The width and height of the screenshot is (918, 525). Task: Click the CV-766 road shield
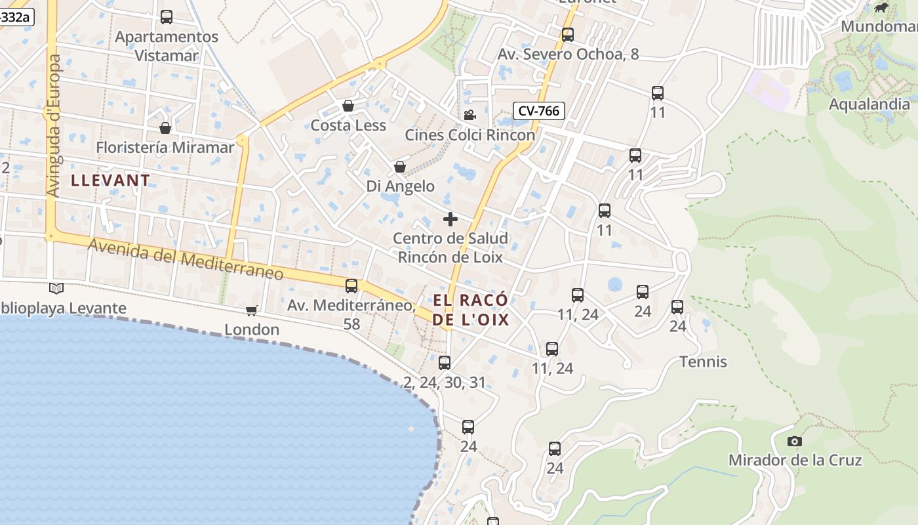point(538,111)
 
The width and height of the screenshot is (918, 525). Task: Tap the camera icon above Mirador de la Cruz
point(795,441)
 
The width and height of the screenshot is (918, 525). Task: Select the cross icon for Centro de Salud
point(450,219)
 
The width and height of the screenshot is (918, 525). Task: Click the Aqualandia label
point(869,104)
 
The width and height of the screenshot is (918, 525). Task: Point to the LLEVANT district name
point(111,180)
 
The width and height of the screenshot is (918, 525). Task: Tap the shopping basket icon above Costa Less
point(348,106)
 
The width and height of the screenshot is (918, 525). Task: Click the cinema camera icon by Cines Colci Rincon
point(469,115)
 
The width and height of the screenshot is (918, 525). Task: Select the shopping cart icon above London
point(251,310)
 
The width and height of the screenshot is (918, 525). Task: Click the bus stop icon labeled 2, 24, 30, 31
point(445,362)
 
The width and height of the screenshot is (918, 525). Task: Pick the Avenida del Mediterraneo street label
point(186,259)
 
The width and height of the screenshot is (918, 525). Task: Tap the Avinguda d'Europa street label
point(54,125)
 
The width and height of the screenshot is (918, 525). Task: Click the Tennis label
point(703,362)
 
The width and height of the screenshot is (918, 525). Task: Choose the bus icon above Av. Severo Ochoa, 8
point(568,35)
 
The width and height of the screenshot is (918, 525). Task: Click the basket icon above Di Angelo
point(400,167)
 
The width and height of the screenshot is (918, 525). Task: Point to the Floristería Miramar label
point(165,147)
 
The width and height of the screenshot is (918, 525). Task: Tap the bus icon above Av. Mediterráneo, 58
point(351,286)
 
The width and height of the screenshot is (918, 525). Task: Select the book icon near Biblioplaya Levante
point(56,288)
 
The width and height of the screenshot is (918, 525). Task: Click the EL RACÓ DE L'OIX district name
point(470,310)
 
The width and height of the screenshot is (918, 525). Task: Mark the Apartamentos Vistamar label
point(167,46)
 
